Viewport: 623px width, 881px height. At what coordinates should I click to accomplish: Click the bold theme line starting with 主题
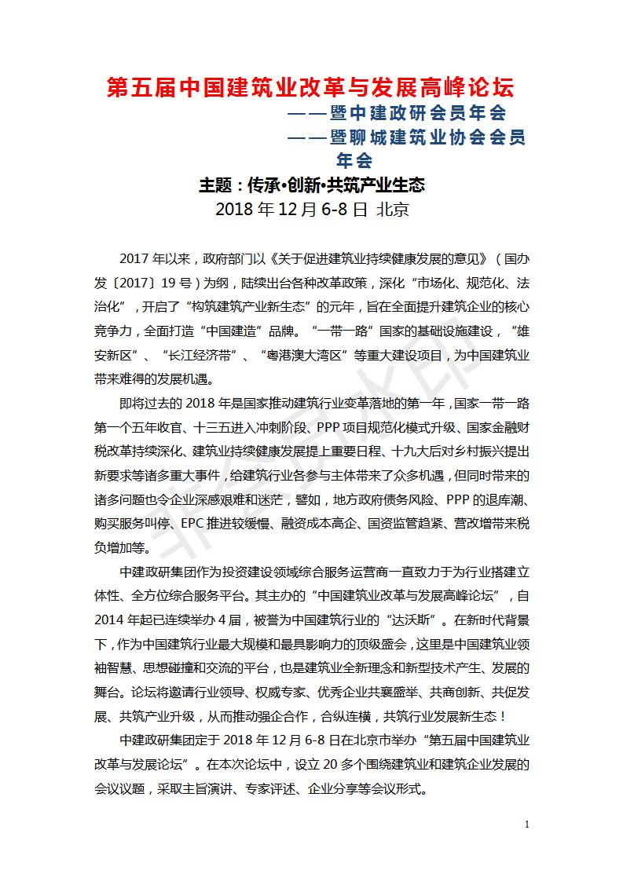click(311, 185)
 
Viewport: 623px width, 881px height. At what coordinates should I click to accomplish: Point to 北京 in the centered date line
click(392, 210)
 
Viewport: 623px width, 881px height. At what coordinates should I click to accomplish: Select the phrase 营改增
click(476, 522)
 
